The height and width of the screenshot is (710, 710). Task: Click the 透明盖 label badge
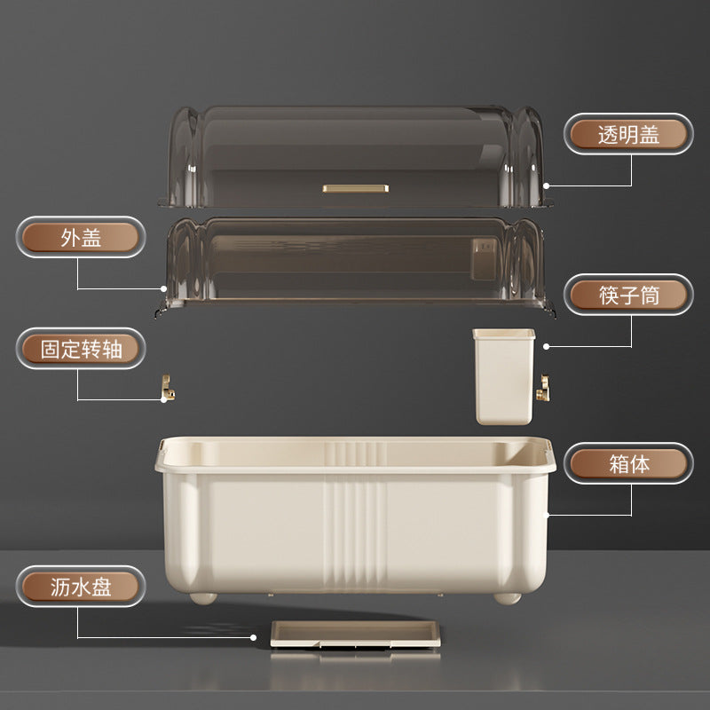click(x=628, y=134)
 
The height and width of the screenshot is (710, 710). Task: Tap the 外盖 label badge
click(x=81, y=237)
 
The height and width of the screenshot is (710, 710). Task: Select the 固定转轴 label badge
click(x=81, y=349)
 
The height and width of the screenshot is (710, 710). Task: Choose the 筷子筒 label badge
click(x=628, y=295)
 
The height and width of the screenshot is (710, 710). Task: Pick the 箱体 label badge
click(x=628, y=463)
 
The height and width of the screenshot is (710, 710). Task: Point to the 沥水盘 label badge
click(x=81, y=587)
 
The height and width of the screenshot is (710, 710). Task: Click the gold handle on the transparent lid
click(x=356, y=188)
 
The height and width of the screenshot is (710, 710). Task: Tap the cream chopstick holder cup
click(x=504, y=376)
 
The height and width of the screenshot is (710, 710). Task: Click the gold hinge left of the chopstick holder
click(x=168, y=388)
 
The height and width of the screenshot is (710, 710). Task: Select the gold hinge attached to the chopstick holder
click(x=543, y=388)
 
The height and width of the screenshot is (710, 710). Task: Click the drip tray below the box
click(x=356, y=634)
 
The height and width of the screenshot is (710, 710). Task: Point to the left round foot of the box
click(x=203, y=598)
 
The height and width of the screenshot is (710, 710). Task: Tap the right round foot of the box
click(x=507, y=598)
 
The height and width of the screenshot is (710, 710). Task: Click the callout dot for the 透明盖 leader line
click(x=546, y=185)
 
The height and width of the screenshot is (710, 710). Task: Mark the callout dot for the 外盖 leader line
click(x=163, y=288)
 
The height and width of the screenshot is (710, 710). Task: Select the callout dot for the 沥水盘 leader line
click(x=254, y=637)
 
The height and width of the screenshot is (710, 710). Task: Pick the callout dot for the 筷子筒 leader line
click(x=546, y=346)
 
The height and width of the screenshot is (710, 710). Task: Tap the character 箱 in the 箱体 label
click(x=619, y=463)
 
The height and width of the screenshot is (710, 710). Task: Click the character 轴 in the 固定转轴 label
click(x=113, y=349)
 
